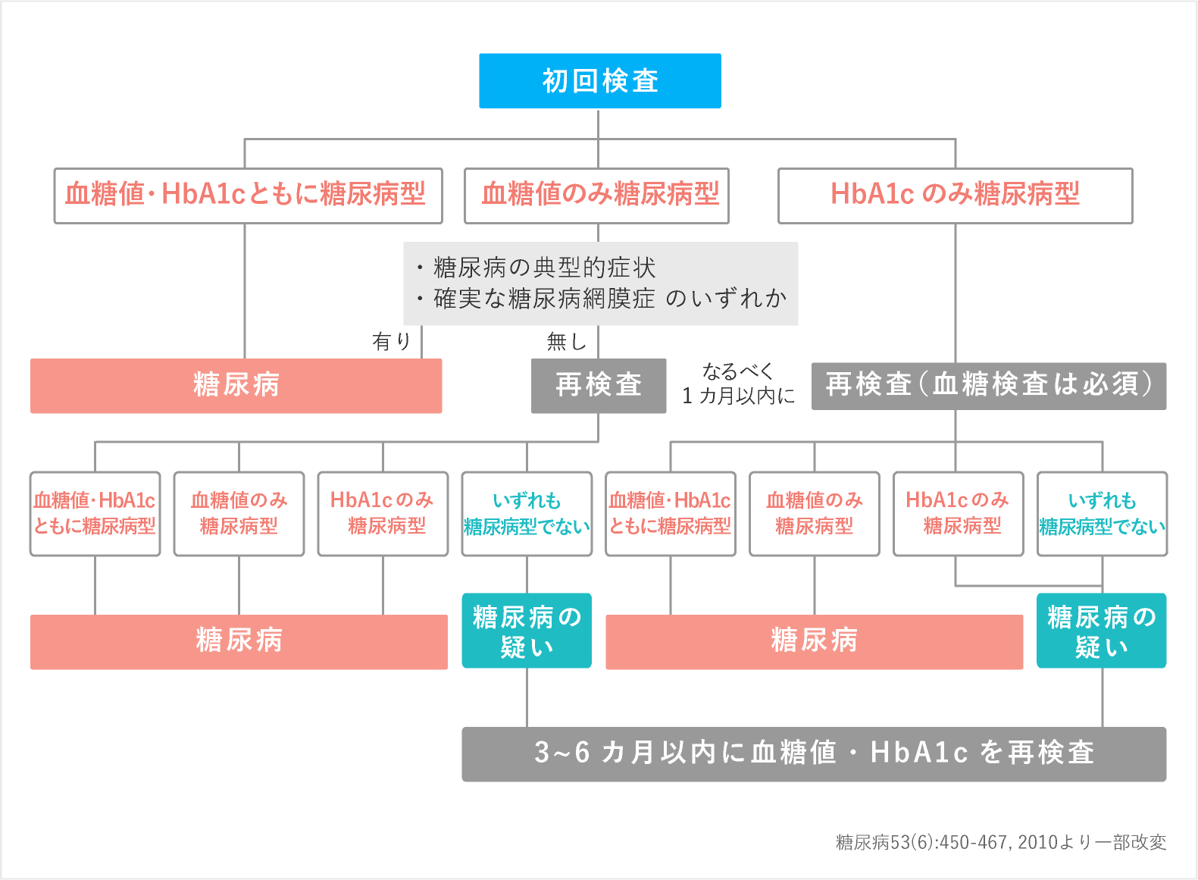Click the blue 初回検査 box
point(599,81)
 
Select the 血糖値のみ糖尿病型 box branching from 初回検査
point(596,196)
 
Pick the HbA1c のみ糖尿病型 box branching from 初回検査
point(955,196)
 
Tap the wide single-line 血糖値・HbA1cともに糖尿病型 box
point(248,196)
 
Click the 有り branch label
point(391,342)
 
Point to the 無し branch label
point(567,342)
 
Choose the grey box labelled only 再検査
point(598,385)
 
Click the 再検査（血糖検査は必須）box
point(988,385)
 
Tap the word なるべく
point(737,371)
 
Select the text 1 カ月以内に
point(738,396)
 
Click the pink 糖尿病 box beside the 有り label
point(236,385)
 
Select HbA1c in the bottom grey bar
point(918,753)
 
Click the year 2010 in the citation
point(1037,842)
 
